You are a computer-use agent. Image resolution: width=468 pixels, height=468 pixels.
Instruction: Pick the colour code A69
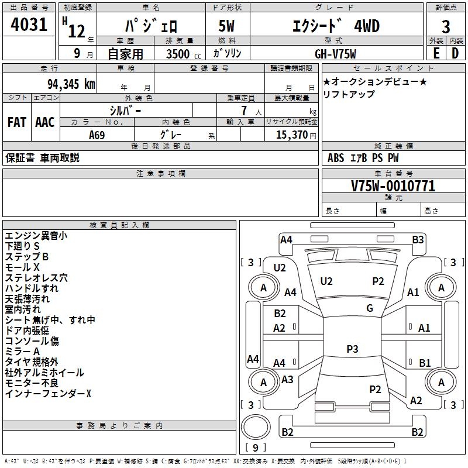point(97,135)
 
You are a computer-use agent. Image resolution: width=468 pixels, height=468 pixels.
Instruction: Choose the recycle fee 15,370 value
point(291,135)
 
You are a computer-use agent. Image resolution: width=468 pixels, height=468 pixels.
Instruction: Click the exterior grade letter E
point(435,52)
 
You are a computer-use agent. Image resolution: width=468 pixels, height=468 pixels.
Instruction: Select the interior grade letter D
point(455,52)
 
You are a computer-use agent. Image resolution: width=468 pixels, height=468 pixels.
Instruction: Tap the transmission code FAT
point(17,122)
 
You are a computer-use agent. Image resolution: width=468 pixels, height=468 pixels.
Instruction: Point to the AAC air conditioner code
point(45,122)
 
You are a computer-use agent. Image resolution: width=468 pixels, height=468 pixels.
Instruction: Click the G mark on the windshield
point(370,308)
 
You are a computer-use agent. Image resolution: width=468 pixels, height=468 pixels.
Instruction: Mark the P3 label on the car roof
point(352,349)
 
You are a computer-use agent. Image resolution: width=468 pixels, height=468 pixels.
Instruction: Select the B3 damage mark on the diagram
point(418,239)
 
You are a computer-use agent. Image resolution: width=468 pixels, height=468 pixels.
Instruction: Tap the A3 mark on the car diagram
point(287,380)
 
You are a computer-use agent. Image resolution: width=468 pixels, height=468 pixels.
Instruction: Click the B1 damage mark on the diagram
point(425,363)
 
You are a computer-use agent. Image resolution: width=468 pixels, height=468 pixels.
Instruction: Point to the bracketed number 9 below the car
point(255,448)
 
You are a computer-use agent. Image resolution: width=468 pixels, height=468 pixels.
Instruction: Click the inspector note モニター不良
point(32,383)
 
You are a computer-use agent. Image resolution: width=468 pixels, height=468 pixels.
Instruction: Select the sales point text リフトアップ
point(349,94)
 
